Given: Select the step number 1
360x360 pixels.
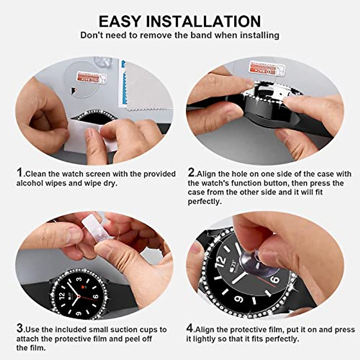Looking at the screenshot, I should pos(19,173).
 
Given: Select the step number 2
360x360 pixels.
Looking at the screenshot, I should pos(191,173).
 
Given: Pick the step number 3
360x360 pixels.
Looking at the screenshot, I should pos(19,328).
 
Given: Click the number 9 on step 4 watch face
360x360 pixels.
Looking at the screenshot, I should pos(238,299).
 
